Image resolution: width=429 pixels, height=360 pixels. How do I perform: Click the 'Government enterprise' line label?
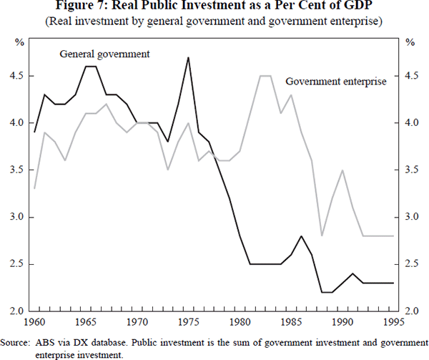click(x=335, y=82)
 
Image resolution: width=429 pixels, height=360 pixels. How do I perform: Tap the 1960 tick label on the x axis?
click(x=34, y=321)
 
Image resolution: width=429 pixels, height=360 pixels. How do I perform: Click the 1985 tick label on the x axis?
click(x=290, y=321)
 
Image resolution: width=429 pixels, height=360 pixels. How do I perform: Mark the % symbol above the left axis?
click(x=19, y=42)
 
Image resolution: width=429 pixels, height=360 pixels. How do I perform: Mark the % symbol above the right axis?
click(x=410, y=42)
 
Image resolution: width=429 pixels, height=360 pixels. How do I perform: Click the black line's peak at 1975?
click(x=188, y=57)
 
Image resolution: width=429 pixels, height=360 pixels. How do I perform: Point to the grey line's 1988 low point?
click(x=322, y=235)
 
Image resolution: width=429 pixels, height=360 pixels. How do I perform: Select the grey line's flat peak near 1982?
click(x=265, y=76)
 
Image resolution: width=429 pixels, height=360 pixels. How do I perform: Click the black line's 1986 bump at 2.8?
click(x=301, y=236)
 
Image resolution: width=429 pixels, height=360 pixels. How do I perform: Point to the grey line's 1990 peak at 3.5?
click(x=342, y=170)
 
